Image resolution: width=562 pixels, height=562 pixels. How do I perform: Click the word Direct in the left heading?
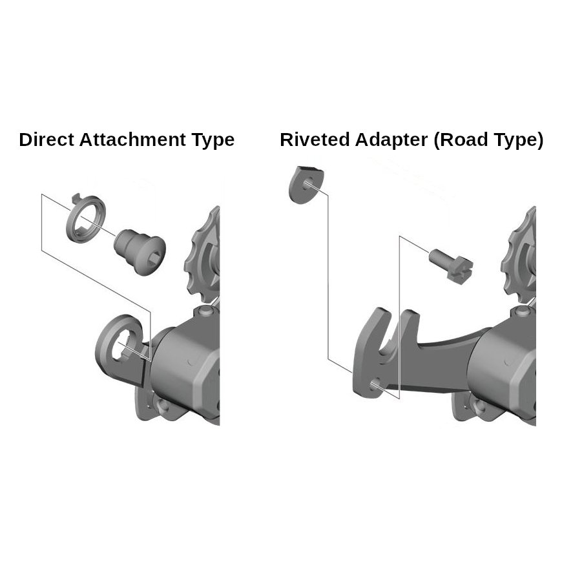pyautogui.click(x=47, y=140)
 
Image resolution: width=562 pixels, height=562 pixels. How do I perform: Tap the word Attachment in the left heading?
pyautogui.click(x=132, y=140)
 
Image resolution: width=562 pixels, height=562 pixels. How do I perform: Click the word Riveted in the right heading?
pyautogui.click(x=315, y=140)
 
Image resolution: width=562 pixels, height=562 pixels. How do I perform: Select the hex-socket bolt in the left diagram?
pyautogui.click(x=140, y=252)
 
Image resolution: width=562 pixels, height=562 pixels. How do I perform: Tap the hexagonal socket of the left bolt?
pyautogui.click(x=156, y=257)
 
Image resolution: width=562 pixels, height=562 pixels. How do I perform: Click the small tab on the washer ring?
pyautogui.click(x=76, y=198)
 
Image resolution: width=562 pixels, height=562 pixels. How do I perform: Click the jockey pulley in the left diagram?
pyautogui.click(x=202, y=255)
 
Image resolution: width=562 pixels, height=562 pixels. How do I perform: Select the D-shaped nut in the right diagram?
pyautogui.click(x=306, y=184)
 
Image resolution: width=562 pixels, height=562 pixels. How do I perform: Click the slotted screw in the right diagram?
pyautogui.click(x=451, y=265)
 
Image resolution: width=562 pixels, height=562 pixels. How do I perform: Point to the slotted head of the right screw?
pyautogui.click(x=460, y=270)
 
